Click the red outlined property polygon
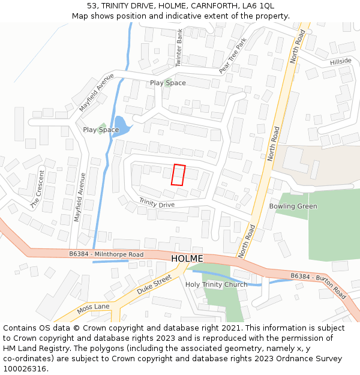(x=178, y=175)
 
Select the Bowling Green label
(x=293, y=206)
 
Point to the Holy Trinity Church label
(x=216, y=284)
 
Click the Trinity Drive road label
(x=157, y=204)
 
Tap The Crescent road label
(x=37, y=190)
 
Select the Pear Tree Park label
(x=233, y=56)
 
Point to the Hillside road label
(x=341, y=62)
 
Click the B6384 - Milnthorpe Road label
(x=106, y=254)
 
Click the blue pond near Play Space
(x=121, y=125)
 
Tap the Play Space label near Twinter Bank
(x=167, y=83)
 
